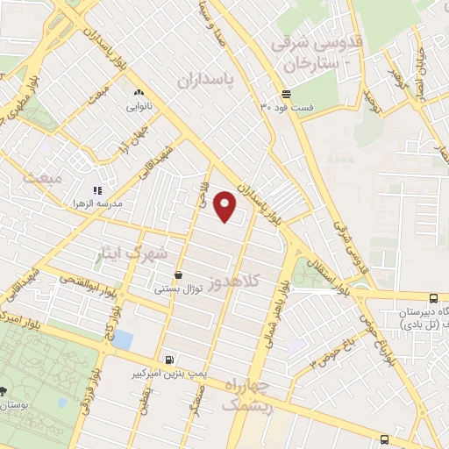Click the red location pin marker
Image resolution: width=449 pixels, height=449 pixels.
pyautogui.click(x=225, y=205)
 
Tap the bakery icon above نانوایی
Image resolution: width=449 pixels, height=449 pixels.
pyautogui.click(x=139, y=92)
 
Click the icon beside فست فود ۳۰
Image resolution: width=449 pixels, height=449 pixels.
pyautogui.click(x=287, y=95)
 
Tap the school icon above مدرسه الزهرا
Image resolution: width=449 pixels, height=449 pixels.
pyautogui.click(x=98, y=189)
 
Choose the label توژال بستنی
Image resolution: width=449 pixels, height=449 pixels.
pyautogui.click(x=179, y=288)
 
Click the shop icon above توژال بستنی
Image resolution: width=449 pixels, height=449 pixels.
pyautogui.click(x=179, y=274)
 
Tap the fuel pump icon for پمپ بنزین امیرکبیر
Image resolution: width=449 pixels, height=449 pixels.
pyautogui.click(x=168, y=359)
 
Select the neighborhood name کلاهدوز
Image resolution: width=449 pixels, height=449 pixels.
pyautogui.click(x=252, y=281)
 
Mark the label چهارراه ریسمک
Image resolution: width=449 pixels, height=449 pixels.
pyautogui.click(x=249, y=396)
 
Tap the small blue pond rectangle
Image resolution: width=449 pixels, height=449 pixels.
pyautogui.click(x=124, y=340)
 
